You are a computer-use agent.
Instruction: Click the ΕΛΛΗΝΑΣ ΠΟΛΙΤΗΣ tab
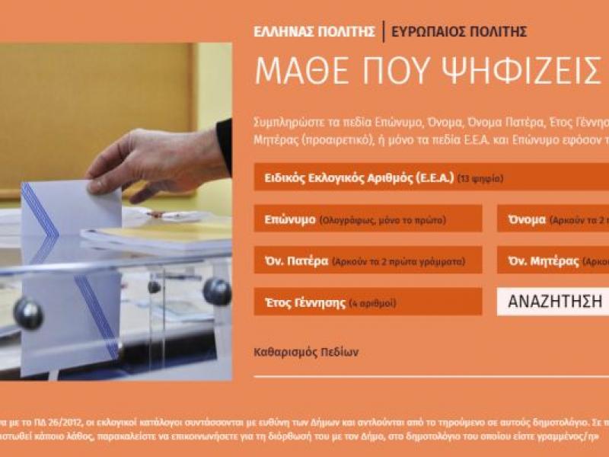(314, 32)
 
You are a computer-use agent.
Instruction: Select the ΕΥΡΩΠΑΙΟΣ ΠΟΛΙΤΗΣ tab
(459, 32)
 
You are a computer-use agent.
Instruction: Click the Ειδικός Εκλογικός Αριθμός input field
(431, 178)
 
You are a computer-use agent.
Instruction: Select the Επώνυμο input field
(368, 219)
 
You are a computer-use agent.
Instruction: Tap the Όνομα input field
(553, 219)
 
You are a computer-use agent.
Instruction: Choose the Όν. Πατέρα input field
(368, 260)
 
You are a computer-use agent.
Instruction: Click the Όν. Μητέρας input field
(553, 260)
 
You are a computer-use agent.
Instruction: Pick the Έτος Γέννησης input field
(368, 302)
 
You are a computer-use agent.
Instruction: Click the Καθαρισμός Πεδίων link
(306, 353)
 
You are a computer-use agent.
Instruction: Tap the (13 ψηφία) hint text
(480, 179)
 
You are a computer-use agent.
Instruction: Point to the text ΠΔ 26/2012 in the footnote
(45, 419)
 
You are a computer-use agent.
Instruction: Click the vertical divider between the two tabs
(383, 31)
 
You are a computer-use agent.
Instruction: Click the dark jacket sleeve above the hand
(224, 141)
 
